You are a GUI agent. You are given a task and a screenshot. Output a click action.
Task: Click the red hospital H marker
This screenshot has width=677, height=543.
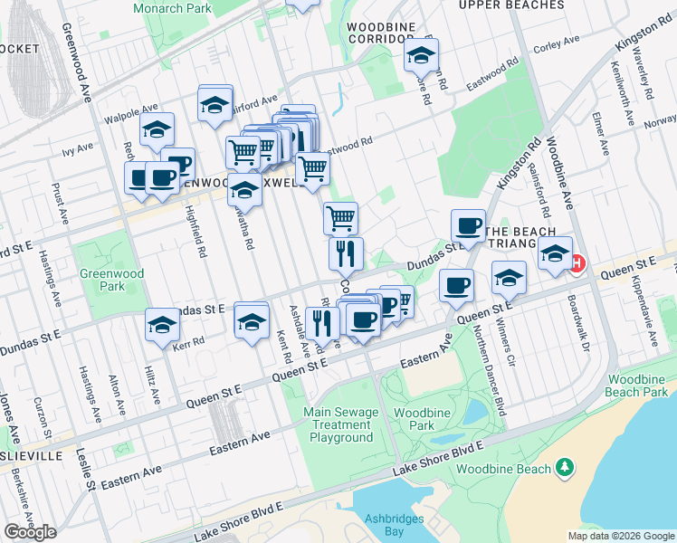[x=577, y=263]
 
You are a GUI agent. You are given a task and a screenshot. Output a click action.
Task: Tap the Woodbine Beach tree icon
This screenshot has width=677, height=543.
[x=566, y=467]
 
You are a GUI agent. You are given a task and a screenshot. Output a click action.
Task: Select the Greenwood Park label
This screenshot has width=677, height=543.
[x=100, y=280]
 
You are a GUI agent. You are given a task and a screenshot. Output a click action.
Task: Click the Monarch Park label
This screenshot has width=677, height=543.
[x=171, y=8]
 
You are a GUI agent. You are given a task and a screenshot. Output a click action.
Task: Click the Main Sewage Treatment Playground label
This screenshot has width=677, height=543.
[x=341, y=425]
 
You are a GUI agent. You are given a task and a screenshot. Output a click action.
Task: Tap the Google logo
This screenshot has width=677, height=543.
[x=30, y=532]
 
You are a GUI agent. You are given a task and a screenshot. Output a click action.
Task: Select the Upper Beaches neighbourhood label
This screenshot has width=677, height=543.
[x=510, y=5]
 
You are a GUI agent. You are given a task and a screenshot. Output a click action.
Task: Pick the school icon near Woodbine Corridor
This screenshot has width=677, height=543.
[x=421, y=57]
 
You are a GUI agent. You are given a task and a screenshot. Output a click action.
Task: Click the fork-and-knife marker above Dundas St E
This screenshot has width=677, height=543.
[x=346, y=255]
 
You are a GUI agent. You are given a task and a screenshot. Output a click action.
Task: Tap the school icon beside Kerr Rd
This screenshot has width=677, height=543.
[x=163, y=324]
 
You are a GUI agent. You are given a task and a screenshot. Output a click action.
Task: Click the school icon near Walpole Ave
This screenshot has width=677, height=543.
[x=157, y=131]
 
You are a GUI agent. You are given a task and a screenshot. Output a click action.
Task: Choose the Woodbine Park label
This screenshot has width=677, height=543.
[x=409, y=418]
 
